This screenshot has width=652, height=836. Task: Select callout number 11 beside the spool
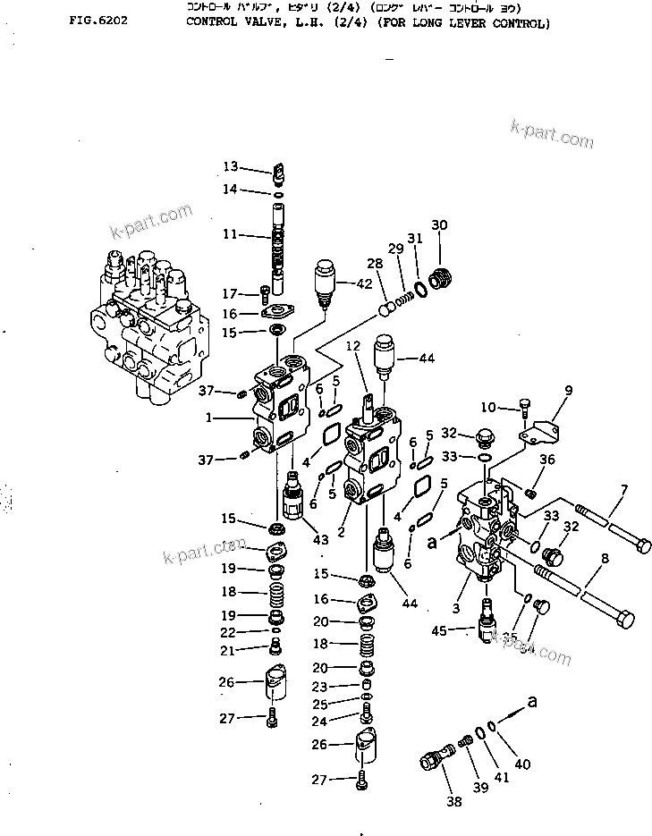(230, 235)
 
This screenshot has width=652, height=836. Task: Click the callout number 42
(363, 283)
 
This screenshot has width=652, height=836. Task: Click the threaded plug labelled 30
(439, 278)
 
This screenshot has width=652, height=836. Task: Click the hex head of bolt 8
(626, 619)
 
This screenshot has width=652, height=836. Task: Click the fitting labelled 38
(432, 762)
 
